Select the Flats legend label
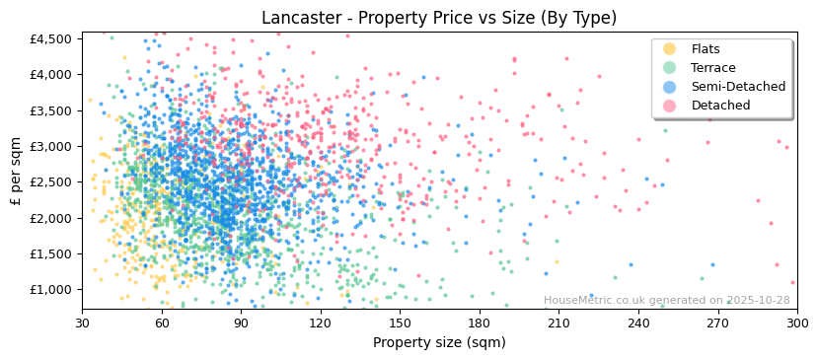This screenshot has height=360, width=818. (706, 49)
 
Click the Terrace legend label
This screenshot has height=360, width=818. (712, 68)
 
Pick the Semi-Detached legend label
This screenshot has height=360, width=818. (738, 87)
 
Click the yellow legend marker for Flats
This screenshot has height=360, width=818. (669, 49)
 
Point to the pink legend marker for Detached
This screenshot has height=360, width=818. (669, 106)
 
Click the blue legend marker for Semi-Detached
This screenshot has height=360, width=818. (669, 87)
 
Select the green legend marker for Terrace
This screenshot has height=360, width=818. (669, 68)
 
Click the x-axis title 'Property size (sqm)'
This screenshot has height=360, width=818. (439, 343)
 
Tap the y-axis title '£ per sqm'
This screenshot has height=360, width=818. (16, 172)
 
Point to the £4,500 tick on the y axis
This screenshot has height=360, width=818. (51, 38)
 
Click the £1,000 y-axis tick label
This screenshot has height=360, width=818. (51, 290)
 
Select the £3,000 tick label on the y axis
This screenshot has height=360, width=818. (51, 146)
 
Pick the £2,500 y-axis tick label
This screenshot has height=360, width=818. (51, 182)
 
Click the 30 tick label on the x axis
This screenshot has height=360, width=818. (82, 323)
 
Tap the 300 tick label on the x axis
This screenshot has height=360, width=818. (796, 323)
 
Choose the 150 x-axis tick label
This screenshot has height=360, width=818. (400, 323)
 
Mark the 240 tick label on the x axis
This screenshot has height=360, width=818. (637, 323)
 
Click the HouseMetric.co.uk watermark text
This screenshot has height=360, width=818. (666, 301)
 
